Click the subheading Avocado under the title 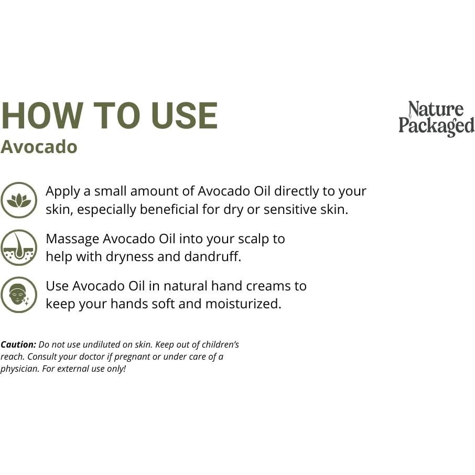(x=39, y=147)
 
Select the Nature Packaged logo (x=436, y=118)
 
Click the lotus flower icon (x=19, y=200)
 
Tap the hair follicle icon (x=19, y=247)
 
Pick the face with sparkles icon (x=19, y=295)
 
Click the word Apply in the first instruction (x=62, y=191)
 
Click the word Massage (x=72, y=239)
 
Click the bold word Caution (x=18, y=344)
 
